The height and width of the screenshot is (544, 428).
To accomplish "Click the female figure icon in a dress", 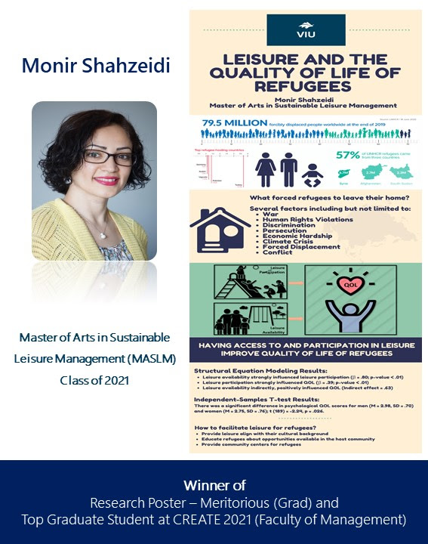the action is tap(265, 169).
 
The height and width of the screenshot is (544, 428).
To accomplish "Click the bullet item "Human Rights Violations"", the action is tap(308, 220).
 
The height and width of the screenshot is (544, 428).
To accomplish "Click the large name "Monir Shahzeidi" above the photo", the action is tap(96, 66).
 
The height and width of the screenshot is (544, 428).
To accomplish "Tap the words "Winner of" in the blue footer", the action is tap(214, 485).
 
